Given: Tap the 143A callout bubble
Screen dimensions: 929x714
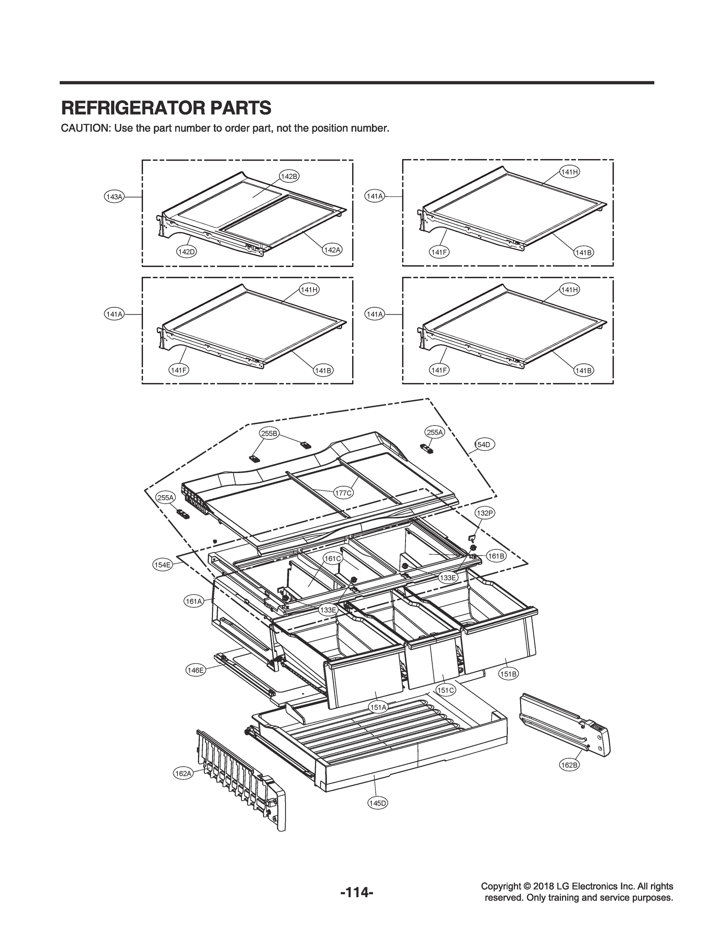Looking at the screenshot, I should tap(114, 197).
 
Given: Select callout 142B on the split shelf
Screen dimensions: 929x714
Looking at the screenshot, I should tap(289, 176).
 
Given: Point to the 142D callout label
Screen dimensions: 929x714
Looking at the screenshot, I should tap(186, 252).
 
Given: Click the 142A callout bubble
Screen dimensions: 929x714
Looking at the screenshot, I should tap(332, 250).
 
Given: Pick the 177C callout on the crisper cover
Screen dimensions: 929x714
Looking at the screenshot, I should tap(342, 493).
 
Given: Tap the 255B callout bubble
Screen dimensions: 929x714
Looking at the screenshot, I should tap(269, 434).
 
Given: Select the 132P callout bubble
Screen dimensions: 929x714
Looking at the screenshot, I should tap(485, 513).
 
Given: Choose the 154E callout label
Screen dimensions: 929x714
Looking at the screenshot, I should tap(162, 565).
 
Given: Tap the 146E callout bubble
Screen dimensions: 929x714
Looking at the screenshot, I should tap(196, 670).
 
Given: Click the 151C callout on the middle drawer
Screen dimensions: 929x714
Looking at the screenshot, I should tap(446, 691).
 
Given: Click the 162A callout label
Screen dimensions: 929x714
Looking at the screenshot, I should tap(183, 774).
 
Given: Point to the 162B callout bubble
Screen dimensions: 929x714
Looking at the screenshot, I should tap(569, 765).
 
